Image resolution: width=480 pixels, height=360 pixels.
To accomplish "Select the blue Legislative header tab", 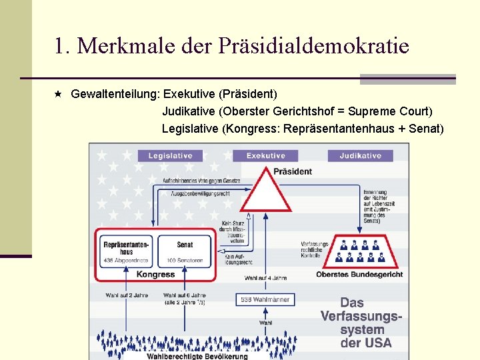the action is pos(170,155).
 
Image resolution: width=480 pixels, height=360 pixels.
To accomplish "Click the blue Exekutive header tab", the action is pos(265,155).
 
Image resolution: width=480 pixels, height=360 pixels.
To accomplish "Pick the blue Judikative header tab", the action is pos(360,155).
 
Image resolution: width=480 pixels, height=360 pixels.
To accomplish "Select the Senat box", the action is pos(185,251).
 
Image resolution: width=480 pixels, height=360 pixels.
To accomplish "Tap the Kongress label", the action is pos(156,274).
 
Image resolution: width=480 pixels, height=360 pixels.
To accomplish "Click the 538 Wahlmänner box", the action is pos(265,299).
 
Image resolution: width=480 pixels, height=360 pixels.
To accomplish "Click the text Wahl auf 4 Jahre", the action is pos(265,278).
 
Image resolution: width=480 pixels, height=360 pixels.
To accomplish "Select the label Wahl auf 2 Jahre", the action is pos(127,295).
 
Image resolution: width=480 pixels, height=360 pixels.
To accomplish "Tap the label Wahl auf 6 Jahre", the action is pos(185,295).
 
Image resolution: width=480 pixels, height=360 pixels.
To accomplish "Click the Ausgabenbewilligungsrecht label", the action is pos(201,193).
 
